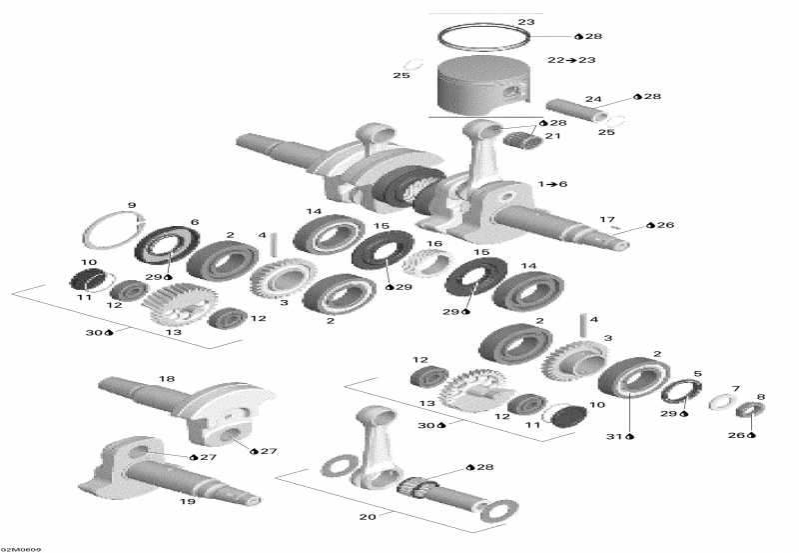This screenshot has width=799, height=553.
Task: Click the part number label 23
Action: coord(526,22)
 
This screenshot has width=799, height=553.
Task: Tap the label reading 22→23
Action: coord(571,61)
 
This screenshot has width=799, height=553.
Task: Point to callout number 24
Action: coord(593,99)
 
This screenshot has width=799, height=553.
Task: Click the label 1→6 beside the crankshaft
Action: coord(552,185)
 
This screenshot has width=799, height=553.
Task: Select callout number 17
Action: coord(606,219)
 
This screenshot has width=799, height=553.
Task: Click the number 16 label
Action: coord(434,243)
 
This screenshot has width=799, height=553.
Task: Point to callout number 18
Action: coord(167,379)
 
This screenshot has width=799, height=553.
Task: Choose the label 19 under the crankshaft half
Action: coord(187,501)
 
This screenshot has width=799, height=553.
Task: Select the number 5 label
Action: coord(697,375)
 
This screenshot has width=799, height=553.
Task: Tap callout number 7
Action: coord(736,389)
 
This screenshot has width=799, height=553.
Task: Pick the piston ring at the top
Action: coord(483,38)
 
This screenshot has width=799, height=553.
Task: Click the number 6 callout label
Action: coord(195,222)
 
